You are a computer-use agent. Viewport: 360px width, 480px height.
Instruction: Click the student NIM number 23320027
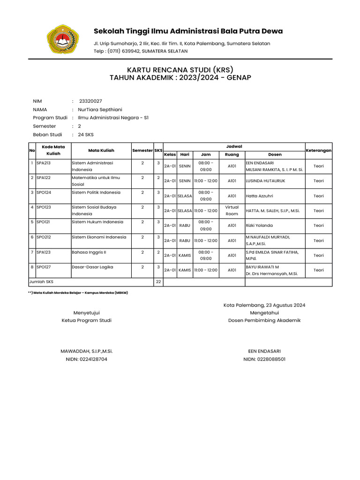tap(90, 101)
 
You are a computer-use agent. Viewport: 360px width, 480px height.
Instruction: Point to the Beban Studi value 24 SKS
tap(86, 135)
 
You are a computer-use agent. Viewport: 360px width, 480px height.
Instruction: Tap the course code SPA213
tap(44, 163)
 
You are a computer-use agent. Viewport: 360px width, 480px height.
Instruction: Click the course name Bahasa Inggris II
tap(89, 252)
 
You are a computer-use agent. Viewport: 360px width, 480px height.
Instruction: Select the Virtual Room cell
tap(232, 210)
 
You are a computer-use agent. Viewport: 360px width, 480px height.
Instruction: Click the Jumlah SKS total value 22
tap(158, 282)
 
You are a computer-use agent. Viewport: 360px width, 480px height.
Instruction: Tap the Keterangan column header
tap(319, 150)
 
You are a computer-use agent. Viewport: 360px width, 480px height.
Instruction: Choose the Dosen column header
tap(275, 155)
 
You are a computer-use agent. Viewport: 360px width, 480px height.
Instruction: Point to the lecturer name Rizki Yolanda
tap(259, 225)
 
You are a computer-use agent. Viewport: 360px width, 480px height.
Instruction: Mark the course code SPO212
tap(44, 237)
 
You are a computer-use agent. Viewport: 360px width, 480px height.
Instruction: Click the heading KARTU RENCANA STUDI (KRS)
tap(180, 69)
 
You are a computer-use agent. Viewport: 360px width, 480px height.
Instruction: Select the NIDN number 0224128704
tap(86, 359)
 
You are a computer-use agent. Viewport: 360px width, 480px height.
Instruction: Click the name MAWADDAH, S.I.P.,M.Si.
tap(87, 351)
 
